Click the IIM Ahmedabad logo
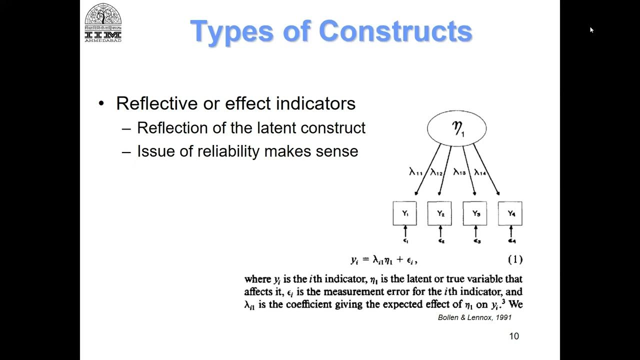click(103, 22)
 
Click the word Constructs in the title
click(395, 31)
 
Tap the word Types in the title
click(230, 31)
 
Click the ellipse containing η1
click(456, 128)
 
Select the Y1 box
click(405, 213)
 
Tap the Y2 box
click(440, 213)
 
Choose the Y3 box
click(475, 213)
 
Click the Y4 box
click(510, 213)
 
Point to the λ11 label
click(416, 173)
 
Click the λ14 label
click(480, 172)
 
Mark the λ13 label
click(459, 172)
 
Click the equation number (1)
click(515, 259)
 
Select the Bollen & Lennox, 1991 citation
click(474, 317)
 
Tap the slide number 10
click(514, 336)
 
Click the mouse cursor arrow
click(591, 30)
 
